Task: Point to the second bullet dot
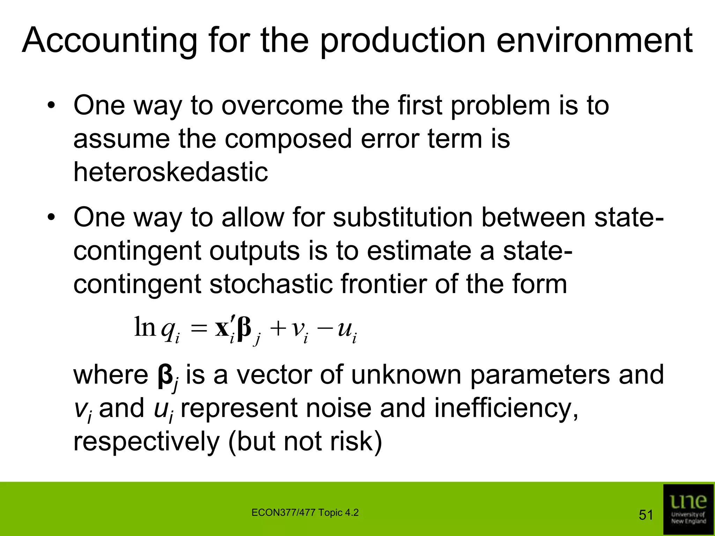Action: point(52,218)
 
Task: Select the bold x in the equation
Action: point(222,328)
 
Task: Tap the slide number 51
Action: point(646,515)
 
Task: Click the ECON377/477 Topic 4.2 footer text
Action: point(305,513)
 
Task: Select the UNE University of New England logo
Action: point(688,509)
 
